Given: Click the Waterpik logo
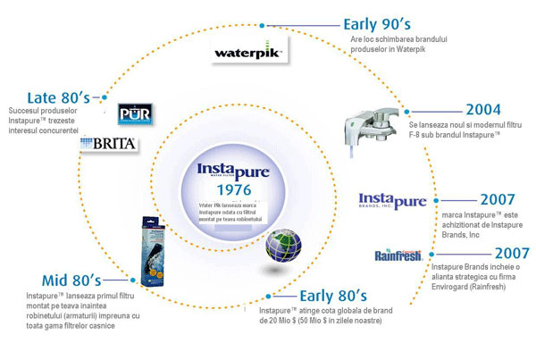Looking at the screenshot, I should coord(248,51).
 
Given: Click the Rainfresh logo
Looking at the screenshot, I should coord(397,255).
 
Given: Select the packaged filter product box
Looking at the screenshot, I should coord(153,251).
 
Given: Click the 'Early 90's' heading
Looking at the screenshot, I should coord(376,24).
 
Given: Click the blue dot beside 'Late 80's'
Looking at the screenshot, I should coord(106,95).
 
